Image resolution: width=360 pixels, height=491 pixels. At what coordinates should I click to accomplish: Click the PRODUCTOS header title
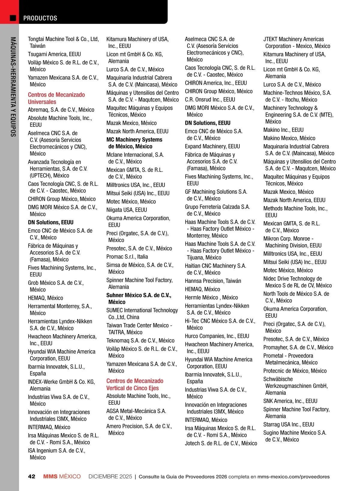[40, 18]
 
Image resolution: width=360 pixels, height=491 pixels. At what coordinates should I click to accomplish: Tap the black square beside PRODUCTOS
[13, 18]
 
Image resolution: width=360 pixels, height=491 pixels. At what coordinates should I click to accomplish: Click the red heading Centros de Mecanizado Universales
[56, 98]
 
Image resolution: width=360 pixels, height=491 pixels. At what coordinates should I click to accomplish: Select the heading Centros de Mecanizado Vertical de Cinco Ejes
[135, 384]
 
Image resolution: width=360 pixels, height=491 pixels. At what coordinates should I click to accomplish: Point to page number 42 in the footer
[31, 477]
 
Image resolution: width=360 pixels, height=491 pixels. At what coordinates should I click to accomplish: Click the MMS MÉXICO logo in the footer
[62, 477]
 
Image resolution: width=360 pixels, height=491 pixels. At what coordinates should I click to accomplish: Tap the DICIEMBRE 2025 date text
[110, 477]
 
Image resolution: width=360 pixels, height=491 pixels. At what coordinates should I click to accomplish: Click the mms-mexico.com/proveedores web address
[293, 477]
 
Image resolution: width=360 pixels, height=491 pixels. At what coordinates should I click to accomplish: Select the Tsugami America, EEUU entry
[54, 54]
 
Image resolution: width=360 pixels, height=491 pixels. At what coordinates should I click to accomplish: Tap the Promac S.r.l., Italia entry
[127, 257]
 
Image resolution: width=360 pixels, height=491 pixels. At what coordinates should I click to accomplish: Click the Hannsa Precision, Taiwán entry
[213, 281]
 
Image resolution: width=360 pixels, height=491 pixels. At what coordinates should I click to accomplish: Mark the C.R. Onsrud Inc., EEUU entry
[210, 100]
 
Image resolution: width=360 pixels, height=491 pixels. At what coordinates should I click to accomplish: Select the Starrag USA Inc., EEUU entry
[289, 424]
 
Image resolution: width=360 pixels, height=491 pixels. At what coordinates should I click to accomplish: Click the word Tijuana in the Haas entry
[196, 257]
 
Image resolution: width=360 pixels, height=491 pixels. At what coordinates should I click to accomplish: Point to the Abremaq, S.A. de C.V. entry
[61, 110]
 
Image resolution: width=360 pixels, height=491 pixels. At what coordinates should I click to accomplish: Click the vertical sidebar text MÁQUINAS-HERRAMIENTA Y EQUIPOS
[13, 87]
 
